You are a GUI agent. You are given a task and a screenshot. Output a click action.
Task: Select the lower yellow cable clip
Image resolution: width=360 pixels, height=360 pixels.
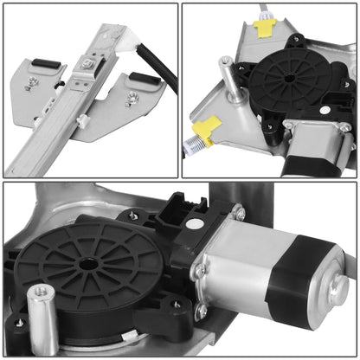coord(203,132)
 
